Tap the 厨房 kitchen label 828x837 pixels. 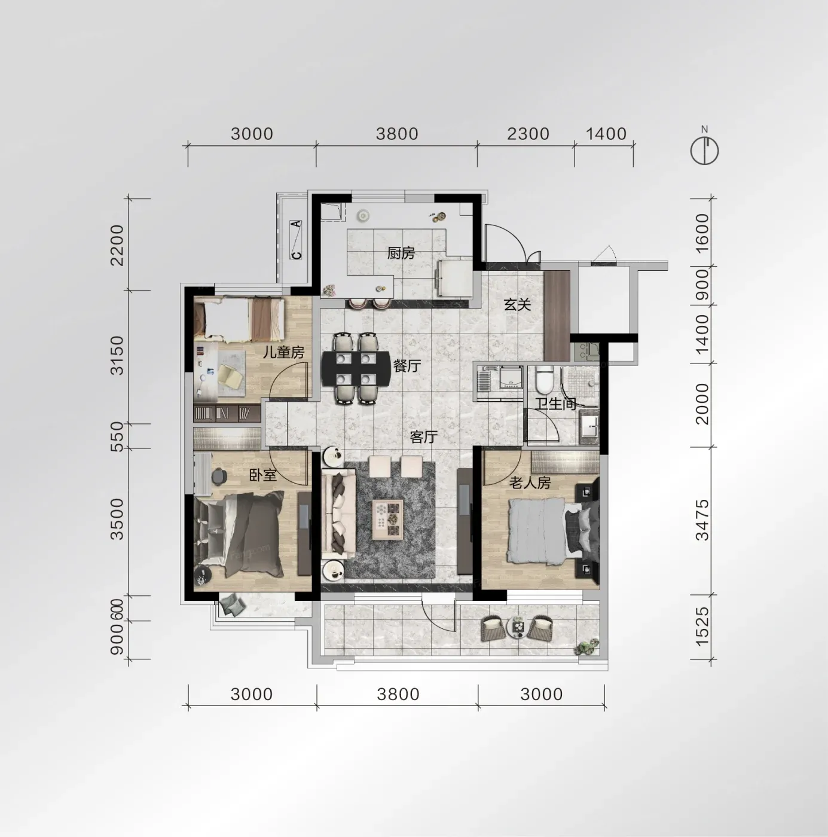401,253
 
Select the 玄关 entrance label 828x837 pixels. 517,304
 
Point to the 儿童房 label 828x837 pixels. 284,352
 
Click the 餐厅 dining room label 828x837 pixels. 407,366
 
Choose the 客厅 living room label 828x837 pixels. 423,436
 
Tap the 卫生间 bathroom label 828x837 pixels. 555,404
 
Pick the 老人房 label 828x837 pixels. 530,482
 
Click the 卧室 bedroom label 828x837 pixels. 263,475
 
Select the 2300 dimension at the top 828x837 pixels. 528,134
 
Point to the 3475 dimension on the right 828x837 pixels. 702,520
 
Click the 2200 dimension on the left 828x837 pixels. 117,245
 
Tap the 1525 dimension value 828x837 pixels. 702,627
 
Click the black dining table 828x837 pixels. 356,369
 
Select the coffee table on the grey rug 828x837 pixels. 387,520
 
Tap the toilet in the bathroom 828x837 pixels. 544,379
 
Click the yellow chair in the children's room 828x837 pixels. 231,377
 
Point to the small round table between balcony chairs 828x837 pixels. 518,627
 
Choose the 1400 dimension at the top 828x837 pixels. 606,134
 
